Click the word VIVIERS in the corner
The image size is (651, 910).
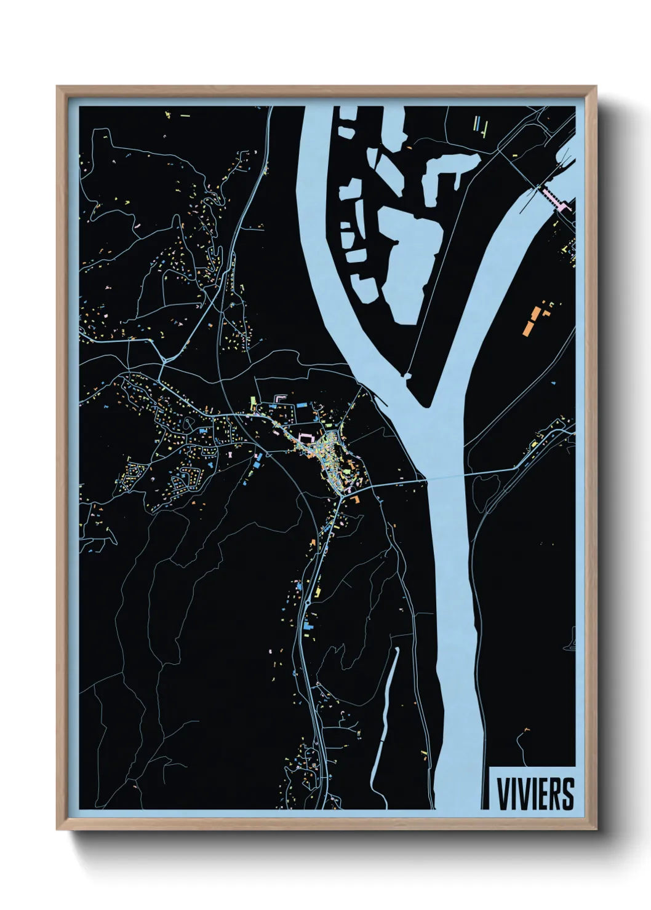pyautogui.click(x=535, y=794)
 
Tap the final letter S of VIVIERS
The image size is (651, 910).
pyautogui.click(x=567, y=794)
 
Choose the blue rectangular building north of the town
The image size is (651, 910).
pyautogui.click(x=302, y=406)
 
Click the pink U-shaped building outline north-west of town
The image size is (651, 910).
pyautogui.click(x=280, y=398)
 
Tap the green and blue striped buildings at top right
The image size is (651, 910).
pyautogui.click(x=480, y=125)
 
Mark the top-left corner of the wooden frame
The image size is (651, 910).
pyautogui.click(x=58, y=87)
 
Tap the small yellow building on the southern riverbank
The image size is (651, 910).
pyautogui.click(x=424, y=753)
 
